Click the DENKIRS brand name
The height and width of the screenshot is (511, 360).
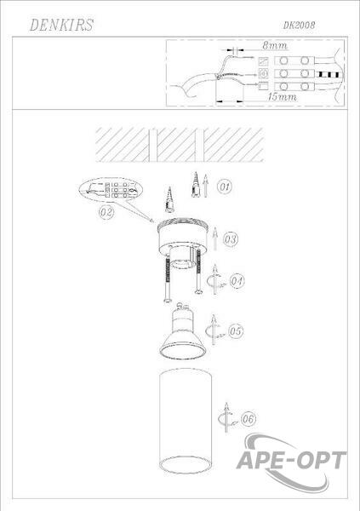[x=61, y=25]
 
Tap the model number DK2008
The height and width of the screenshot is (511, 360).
[x=299, y=25]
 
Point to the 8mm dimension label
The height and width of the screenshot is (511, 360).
[x=275, y=45]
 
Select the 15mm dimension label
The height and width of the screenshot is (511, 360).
[x=283, y=97]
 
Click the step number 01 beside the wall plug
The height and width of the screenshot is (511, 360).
[x=225, y=187]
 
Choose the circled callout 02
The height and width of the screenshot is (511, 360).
[x=106, y=212]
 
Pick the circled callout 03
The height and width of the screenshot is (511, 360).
[x=231, y=239]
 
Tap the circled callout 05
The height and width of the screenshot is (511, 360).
[x=236, y=331]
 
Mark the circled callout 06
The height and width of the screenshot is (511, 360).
[x=249, y=419]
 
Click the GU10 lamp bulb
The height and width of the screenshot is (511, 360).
[x=182, y=332]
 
